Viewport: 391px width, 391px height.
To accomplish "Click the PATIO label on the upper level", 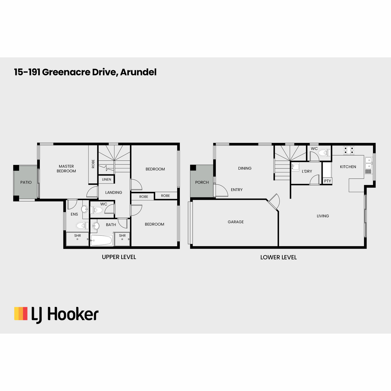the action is pos(26,182).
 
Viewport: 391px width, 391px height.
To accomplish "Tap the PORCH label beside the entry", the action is pos(202,182).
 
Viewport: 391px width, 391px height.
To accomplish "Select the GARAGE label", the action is pos(236,222).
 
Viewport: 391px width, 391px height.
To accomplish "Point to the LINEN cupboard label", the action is pos(107,179).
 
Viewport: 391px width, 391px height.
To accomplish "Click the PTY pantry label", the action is pos(327,181).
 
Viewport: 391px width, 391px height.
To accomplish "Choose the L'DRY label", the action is pos(307,171).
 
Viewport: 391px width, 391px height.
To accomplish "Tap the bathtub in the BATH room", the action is pos(101,240).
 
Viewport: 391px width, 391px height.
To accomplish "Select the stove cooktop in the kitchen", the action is pos(349,150).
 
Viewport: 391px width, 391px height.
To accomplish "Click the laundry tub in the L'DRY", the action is pos(295,167).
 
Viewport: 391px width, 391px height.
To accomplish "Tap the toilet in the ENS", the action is pos(82,225).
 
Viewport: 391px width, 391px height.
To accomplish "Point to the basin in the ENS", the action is pos(85,209).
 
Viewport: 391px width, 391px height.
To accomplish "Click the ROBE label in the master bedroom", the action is pos(93,164).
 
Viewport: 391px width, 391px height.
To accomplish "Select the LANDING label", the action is pos(114,192).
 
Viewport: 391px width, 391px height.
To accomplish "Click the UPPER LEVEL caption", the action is pos(119,257).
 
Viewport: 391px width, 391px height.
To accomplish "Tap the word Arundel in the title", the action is pos(138,72).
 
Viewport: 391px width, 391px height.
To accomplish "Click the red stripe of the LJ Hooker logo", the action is pos(25,313).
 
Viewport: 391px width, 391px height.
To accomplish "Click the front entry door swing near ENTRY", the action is pos(222,190).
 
